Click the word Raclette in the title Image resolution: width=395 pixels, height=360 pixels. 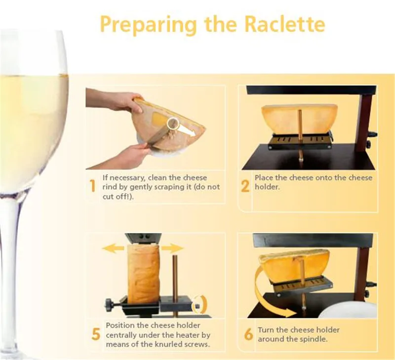(285, 24)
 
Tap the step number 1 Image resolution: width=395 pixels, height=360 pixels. (93, 186)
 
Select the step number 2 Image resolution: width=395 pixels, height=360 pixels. (245, 187)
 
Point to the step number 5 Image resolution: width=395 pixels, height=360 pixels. (96, 334)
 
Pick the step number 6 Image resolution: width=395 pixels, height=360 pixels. (248, 334)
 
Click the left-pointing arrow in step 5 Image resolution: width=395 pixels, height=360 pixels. (114, 248)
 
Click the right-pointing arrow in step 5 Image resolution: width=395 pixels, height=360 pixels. (172, 248)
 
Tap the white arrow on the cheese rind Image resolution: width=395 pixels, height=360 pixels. (187, 130)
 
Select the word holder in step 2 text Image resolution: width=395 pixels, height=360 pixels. (267, 187)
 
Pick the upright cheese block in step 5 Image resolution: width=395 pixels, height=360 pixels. (143, 274)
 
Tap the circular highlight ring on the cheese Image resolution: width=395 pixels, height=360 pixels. (173, 123)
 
